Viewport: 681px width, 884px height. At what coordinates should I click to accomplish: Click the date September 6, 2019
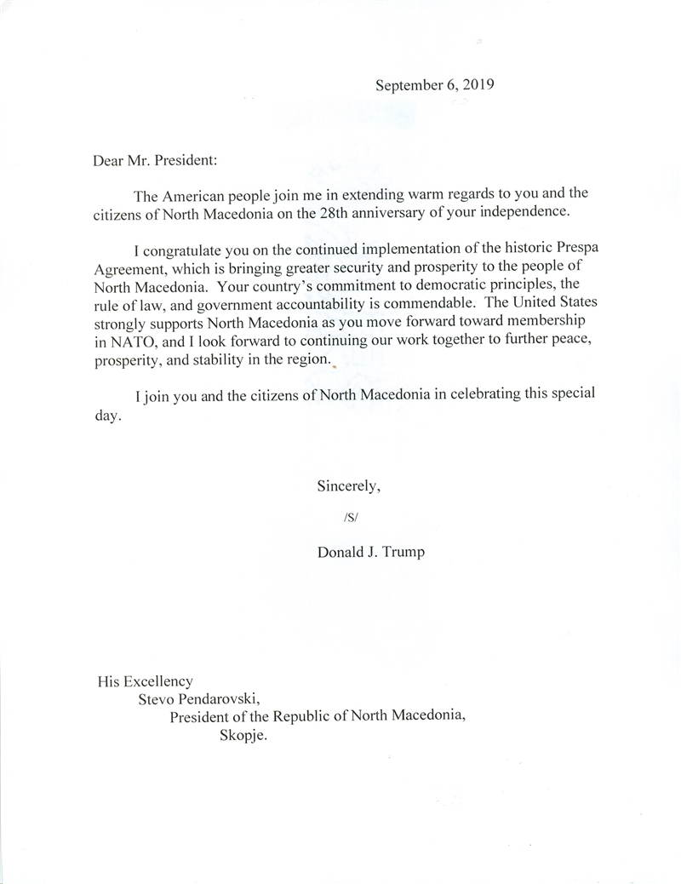[435, 85]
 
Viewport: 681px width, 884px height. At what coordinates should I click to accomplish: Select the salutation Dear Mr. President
[160, 159]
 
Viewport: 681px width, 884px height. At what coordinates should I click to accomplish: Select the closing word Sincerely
[348, 487]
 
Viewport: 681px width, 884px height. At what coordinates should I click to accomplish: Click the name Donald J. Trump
[370, 552]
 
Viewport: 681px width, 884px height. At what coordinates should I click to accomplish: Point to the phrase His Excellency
[144, 681]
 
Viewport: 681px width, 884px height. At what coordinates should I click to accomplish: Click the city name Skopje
[243, 735]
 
